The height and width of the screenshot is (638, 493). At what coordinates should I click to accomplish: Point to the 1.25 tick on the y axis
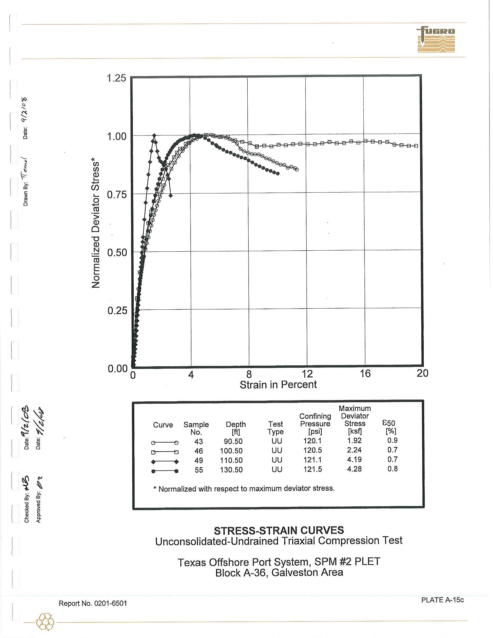point(116,78)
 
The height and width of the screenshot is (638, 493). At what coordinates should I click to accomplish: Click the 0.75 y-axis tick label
point(117,195)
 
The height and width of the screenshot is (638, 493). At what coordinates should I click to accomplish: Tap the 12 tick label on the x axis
point(307,374)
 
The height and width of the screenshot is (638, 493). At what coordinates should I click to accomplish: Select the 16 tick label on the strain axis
point(365,373)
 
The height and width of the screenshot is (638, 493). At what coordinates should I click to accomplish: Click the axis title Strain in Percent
point(278,385)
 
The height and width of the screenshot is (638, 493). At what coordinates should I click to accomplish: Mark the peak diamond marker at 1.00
point(154,135)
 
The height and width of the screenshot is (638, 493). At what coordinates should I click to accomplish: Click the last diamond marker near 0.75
point(171,195)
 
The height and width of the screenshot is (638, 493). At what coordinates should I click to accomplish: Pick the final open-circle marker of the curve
point(297,169)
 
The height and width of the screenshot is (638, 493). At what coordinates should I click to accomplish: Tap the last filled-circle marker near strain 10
point(278,173)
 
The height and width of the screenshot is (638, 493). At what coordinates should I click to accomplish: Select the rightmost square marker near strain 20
point(416,146)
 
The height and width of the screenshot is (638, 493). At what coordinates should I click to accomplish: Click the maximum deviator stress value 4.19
point(354,460)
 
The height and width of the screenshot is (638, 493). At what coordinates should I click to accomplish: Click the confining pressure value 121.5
point(313,469)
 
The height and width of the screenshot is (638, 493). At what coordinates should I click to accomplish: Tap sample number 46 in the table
point(199,451)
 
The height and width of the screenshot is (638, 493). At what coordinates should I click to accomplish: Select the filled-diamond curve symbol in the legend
point(165,462)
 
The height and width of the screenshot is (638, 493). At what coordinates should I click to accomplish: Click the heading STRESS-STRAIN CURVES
point(279,530)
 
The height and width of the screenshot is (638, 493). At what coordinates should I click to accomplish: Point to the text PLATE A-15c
point(442,600)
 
